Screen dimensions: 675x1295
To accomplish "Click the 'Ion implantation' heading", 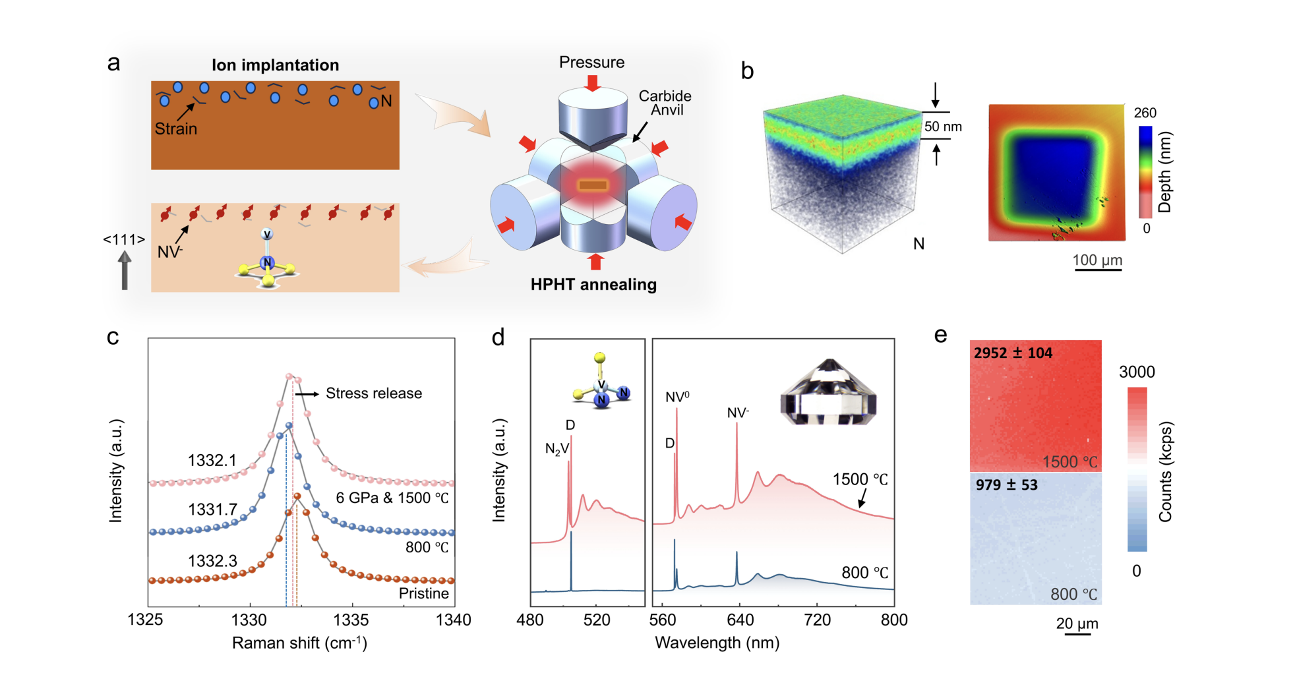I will (x=275, y=65).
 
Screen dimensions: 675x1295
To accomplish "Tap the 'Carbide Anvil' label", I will (x=665, y=103).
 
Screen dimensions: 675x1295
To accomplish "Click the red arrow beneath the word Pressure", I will (x=592, y=83).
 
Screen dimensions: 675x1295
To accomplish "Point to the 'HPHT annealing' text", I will (x=593, y=285).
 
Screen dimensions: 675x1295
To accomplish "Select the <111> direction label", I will (x=123, y=240).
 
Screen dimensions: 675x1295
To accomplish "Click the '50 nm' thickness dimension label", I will (x=942, y=127).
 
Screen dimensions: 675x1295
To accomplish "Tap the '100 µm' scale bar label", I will (x=1097, y=260).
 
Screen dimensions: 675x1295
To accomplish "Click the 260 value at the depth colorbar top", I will (x=1145, y=113).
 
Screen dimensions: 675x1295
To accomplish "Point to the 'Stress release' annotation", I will (x=373, y=394).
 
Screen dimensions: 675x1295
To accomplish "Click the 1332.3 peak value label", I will (x=212, y=561).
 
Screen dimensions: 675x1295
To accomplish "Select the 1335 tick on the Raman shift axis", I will (x=351, y=620).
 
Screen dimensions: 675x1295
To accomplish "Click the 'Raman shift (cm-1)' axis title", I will (x=299, y=643).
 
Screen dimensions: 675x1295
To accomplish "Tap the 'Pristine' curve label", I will (x=423, y=593).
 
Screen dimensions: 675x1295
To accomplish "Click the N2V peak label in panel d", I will (x=557, y=450).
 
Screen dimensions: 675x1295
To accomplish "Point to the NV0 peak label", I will (x=677, y=397).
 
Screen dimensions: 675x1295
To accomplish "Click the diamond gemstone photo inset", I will (x=828, y=392).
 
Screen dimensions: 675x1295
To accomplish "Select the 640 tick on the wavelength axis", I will (x=740, y=620).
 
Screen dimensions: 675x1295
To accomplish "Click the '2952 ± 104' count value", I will (x=1013, y=353).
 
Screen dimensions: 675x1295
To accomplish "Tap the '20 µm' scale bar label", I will (x=1077, y=624).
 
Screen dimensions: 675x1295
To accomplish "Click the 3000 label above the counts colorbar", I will (x=1137, y=372).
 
